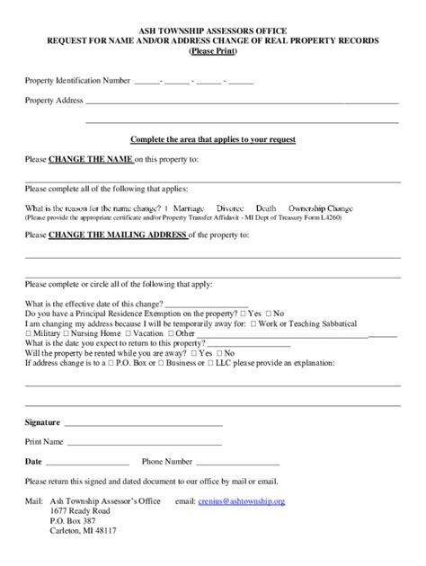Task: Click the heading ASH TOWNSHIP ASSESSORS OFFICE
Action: click(x=212, y=30)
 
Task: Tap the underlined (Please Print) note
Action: click(x=212, y=51)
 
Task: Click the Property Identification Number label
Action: click(x=78, y=81)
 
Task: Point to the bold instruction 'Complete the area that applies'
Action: click(x=213, y=139)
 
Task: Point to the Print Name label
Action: click(x=44, y=442)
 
